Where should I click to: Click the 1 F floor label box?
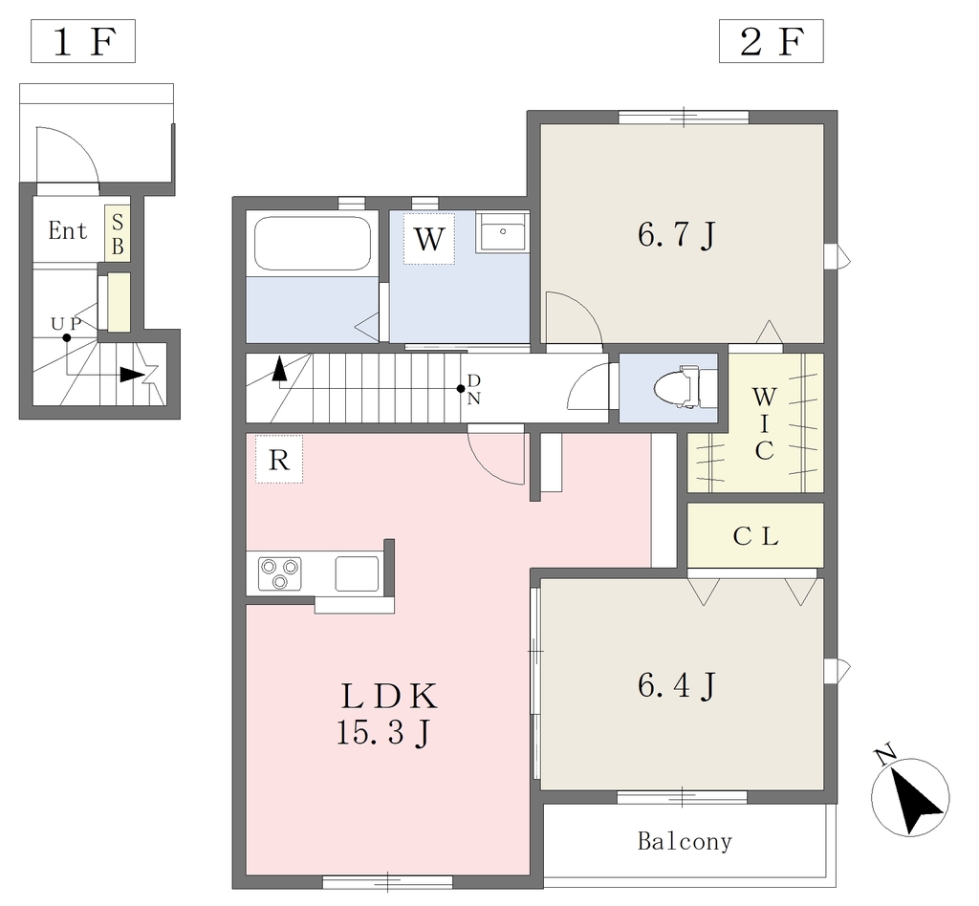(x=83, y=41)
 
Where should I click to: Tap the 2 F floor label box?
(x=772, y=41)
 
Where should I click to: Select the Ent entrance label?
(x=68, y=231)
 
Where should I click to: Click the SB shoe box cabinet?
(x=118, y=234)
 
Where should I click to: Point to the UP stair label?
(x=66, y=324)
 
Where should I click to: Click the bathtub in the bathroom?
(x=313, y=244)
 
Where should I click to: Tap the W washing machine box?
(x=428, y=238)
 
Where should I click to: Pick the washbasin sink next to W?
(x=502, y=231)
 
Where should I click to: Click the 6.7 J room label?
(x=676, y=236)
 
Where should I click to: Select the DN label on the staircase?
(x=474, y=389)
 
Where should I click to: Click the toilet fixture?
(x=685, y=387)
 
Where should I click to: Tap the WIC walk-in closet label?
(x=764, y=423)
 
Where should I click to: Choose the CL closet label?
(x=755, y=536)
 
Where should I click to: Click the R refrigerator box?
(x=279, y=460)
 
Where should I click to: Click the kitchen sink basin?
(x=358, y=573)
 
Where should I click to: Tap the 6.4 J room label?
(x=676, y=686)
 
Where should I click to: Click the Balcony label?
(x=685, y=842)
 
